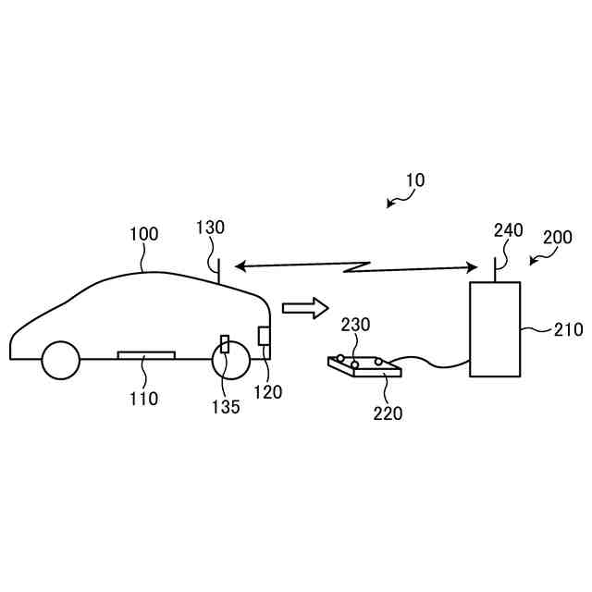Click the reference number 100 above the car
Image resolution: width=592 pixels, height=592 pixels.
(143, 236)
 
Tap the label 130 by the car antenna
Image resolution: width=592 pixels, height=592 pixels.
(210, 228)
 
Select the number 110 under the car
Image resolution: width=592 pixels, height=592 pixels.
(143, 399)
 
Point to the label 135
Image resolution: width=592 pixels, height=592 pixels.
(225, 406)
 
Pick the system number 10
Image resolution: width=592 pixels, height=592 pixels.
(415, 180)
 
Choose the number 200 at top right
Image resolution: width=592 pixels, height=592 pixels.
(557, 238)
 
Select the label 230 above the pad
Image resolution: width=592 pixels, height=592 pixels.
(356, 325)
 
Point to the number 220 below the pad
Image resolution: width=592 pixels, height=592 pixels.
(388, 413)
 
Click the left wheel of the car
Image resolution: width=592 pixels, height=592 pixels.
(61, 360)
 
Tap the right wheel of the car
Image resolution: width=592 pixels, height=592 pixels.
(230, 360)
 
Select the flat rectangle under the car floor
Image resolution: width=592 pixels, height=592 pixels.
(146, 355)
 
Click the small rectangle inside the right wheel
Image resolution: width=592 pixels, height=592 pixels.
(225, 344)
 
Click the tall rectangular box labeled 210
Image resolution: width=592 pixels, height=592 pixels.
(495, 328)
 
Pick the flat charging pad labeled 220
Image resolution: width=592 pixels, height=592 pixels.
(365, 368)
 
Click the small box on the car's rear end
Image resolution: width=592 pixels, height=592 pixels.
(264, 336)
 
